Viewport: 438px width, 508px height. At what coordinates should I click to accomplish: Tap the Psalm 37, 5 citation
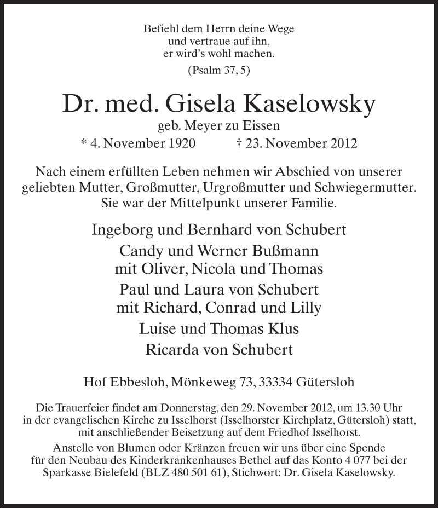click(x=218, y=70)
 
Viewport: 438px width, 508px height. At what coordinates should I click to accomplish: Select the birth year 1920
click(x=176, y=145)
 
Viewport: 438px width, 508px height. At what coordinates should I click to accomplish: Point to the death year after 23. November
click(x=341, y=145)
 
